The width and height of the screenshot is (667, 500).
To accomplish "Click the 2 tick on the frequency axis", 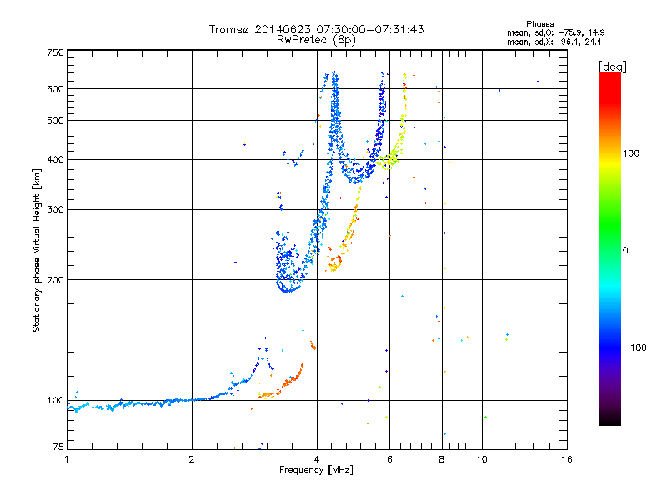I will tap(192, 458).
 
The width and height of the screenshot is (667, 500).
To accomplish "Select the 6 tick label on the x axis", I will tap(389, 458).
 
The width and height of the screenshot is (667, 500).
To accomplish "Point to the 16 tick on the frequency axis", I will tap(566, 458).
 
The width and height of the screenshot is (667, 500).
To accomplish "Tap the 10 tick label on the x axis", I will tap(482, 458).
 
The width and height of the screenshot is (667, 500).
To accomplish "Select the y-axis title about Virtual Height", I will tap(37, 251).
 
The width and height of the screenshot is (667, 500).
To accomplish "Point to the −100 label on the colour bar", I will tap(635, 347).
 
